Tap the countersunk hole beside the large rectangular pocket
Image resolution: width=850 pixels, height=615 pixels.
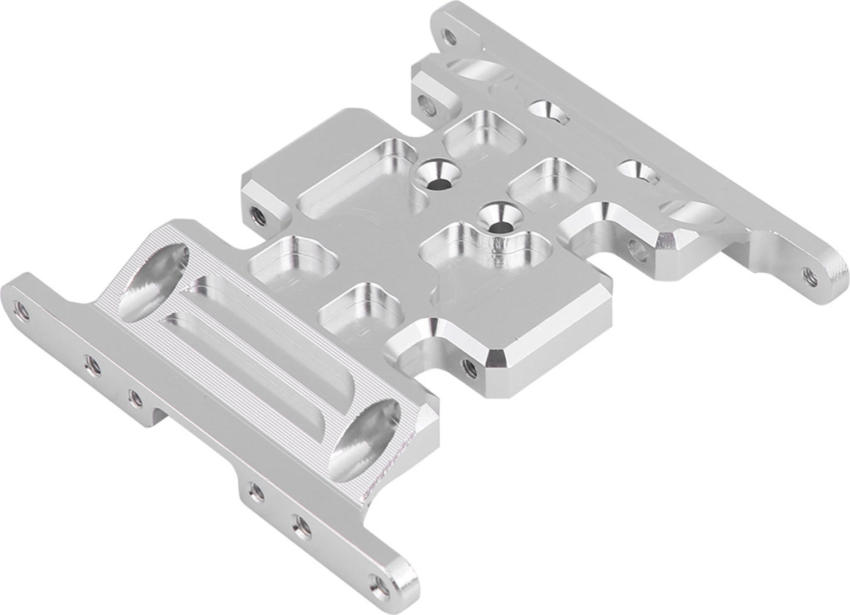click(438, 174)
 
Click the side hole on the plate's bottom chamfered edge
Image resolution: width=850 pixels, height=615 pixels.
click(468, 366)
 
